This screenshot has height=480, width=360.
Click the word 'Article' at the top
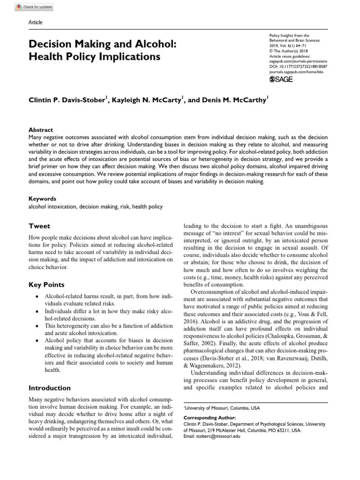pos(36,22)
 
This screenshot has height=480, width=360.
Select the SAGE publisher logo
pos(281,80)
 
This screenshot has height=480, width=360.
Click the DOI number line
pos(298,67)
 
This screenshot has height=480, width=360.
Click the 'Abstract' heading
pos(41,130)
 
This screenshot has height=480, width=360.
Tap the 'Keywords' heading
pos(43,199)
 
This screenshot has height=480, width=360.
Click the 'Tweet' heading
pos(39,226)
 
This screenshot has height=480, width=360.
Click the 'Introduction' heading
pos(50,388)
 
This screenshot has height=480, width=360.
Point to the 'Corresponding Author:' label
pos(210,417)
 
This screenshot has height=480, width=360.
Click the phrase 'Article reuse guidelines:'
pos(291,56)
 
